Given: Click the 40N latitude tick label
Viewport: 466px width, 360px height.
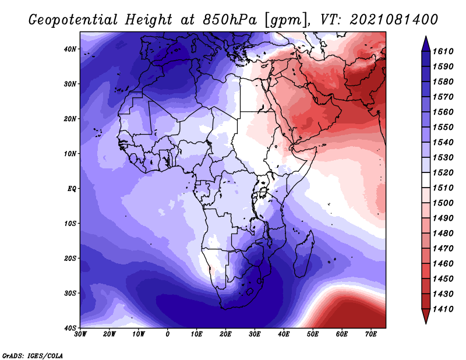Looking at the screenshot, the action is pyautogui.click(x=70, y=49).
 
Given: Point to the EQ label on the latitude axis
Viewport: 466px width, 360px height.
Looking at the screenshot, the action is pyautogui.click(x=72, y=189).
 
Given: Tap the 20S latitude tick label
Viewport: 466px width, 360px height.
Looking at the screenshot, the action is pyautogui.click(x=70, y=258).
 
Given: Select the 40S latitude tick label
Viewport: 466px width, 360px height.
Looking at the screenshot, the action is pyautogui.click(x=70, y=328).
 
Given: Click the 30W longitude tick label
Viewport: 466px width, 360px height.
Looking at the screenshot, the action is pyautogui.click(x=80, y=334).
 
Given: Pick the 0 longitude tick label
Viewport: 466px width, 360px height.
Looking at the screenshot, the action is pyautogui.click(x=168, y=334).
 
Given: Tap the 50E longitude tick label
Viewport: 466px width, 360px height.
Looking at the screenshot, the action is pyautogui.click(x=313, y=334).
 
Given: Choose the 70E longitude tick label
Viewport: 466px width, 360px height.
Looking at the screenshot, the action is pyautogui.click(x=371, y=334).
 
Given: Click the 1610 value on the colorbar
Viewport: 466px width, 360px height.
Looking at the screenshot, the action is pyautogui.click(x=443, y=51).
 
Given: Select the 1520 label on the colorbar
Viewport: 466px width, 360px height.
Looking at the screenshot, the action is pyautogui.click(x=443, y=172).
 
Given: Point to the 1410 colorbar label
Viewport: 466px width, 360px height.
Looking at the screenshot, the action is pyautogui.click(x=443, y=309).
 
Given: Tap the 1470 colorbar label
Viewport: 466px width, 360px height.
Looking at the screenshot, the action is pyautogui.click(x=443, y=249).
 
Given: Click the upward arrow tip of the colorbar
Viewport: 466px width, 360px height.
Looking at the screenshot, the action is pyautogui.click(x=426, y=37).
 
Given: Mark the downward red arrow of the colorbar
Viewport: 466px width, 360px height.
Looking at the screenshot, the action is pyautogui.click(x=426, y=316).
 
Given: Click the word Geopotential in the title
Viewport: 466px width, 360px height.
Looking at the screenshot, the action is pyautogui.click(x=73, y=20).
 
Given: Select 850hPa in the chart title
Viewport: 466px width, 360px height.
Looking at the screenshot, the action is pyautogui.click(x=230, y=20).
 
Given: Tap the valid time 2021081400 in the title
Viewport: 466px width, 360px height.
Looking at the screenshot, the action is pyautogui.click(x=394, y=20).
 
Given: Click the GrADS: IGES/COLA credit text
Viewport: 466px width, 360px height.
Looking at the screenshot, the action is pyautogui.click(x=33, y=355).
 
